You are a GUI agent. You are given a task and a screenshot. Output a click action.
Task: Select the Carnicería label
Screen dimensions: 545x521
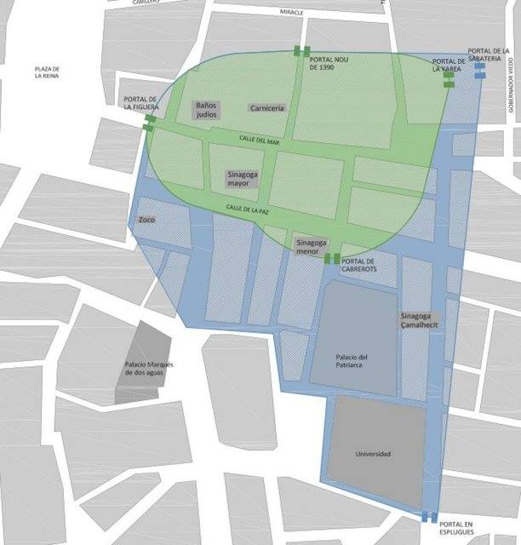267,107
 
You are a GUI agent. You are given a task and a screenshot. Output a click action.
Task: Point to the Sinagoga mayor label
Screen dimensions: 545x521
242,178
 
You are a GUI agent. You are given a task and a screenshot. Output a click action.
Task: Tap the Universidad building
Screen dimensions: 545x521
375,452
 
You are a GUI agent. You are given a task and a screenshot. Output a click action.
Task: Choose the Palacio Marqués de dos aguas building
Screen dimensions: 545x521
147,368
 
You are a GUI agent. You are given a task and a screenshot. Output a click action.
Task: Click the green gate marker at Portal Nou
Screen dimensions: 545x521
301,51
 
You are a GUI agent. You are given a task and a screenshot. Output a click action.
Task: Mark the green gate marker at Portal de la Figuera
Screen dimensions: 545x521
150,124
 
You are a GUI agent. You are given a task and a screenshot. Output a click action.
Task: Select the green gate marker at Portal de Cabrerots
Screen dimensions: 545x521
332,258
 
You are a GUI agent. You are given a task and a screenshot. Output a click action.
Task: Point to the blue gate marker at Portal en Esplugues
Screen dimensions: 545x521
429,517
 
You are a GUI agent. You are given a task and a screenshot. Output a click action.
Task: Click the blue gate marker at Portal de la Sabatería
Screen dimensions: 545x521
479,71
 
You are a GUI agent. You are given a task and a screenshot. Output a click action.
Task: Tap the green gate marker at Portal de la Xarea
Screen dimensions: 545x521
449,79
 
